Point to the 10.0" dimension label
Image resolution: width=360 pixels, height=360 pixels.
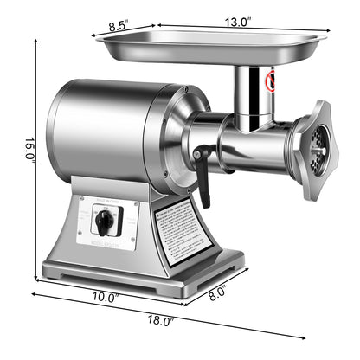point(106,297)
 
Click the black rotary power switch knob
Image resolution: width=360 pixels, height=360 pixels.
point(105,222)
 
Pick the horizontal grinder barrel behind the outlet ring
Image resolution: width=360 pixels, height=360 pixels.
point(255,147)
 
